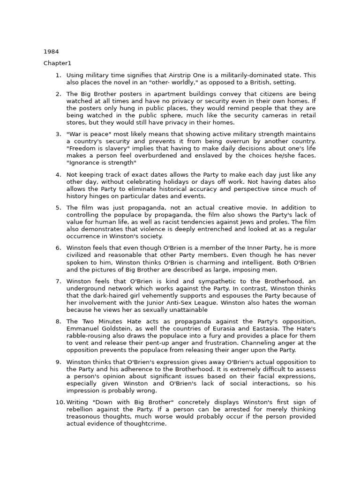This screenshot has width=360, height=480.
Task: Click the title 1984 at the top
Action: [x=51, y=52]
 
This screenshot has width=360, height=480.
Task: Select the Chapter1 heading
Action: [x=57, y=63]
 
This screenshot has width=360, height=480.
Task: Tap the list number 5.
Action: [x=59, y=208]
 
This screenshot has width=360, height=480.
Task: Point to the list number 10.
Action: [x=60, y=402]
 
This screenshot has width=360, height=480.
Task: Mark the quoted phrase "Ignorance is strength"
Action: [x=101, y=163]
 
